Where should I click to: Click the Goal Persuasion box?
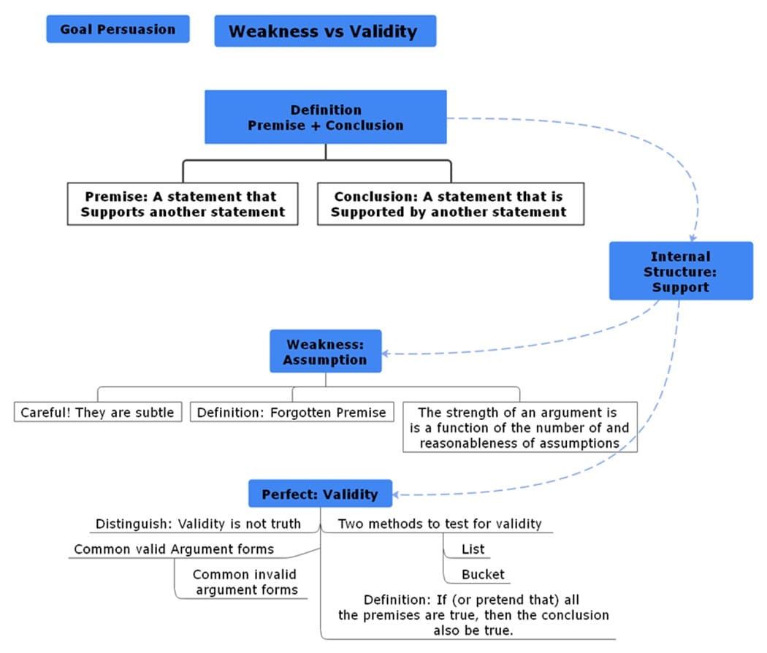[118, 29]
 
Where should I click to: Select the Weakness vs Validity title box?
[325, 31]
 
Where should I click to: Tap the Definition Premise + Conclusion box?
[325, 117]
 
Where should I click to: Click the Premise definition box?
[182, 204]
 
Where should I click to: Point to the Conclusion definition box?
[450, 204]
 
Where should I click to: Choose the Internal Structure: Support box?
[680, 271]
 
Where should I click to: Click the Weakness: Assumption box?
[325, 352]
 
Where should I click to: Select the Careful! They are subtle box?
[97, 412]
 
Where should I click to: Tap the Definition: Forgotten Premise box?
[293, 412]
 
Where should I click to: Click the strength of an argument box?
[519, 427]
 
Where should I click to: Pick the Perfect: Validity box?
[320, 494]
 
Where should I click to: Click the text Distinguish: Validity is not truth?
[198, 524]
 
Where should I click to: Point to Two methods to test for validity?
[439, 524]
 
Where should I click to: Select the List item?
[473, 549]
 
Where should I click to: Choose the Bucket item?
[482, 574]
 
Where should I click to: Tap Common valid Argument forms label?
[174, 549]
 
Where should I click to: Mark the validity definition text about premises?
[473, 614]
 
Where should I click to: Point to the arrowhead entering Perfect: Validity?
[399, 494]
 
